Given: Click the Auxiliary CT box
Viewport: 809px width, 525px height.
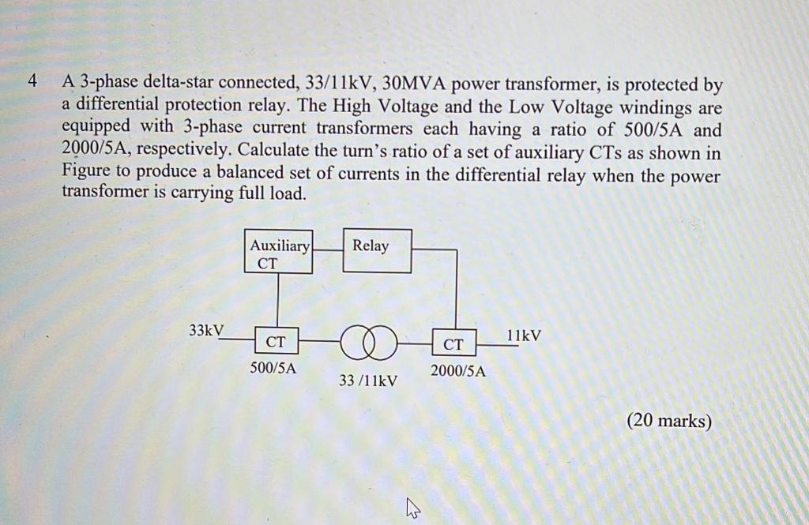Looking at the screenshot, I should (x=279, y=253).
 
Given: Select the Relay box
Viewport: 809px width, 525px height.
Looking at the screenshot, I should (x=376, y=249).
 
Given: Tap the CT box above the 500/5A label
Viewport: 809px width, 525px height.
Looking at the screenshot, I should (x=275, y=343).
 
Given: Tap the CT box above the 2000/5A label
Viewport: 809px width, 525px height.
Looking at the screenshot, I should (x=453, y=344).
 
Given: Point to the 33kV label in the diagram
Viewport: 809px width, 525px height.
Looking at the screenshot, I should (x=206, y=329).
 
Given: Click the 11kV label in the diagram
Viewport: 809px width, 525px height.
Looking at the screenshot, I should (x=523, y=335).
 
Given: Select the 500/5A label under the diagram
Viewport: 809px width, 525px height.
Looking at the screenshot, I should (x=273, y=369).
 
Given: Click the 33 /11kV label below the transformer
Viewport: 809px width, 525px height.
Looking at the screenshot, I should (x=368, y=381).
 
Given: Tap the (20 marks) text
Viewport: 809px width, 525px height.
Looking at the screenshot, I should (x=668, y=421).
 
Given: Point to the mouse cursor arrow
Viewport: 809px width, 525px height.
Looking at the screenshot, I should (x=412, y=508).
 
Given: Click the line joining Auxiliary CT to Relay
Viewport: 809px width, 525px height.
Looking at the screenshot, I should (x=328, y=248).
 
